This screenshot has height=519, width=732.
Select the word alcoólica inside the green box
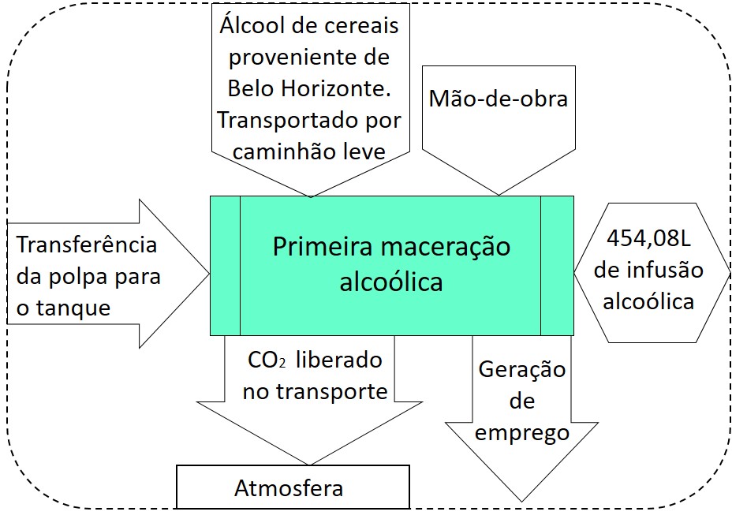tap(390, 282)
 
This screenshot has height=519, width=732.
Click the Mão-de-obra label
tap(498, 99)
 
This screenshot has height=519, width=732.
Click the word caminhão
tap(269, 150)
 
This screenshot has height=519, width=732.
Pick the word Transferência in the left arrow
tap(87, 245)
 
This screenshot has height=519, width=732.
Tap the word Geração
tap(522, 369)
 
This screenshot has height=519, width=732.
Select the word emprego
tap(522, 432)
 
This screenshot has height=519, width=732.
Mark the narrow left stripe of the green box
tap(225, 266)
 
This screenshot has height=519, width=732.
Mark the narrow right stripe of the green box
tap(557, 266)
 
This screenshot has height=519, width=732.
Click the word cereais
tap(361, 25)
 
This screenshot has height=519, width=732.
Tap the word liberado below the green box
tap(337, 360)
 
